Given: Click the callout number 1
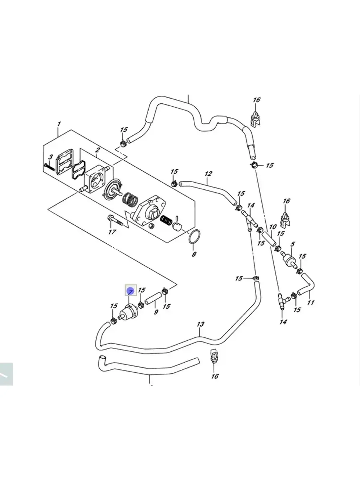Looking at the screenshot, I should (x=59, y=124).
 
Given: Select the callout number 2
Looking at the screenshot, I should (x=97, y=150).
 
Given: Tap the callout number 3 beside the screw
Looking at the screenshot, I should (x=51, y=157).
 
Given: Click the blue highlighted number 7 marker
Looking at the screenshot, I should (x=130, y=290).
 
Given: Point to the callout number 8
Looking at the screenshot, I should (x=194, y=254).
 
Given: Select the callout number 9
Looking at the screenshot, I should (x=156, y=312).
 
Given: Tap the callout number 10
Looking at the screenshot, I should (x=273, y=227).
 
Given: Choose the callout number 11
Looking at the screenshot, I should (x=311, y=302).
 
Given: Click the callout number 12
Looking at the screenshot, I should (x=208, y=174).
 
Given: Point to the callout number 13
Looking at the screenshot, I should (x=201, y=324).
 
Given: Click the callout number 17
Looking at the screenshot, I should (x=112, y=232).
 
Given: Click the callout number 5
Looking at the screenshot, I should (x=292, y=244).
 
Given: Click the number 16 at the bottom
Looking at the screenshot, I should (x=215, y=376).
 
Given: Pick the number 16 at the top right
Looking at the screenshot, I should (x=256, y=100).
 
